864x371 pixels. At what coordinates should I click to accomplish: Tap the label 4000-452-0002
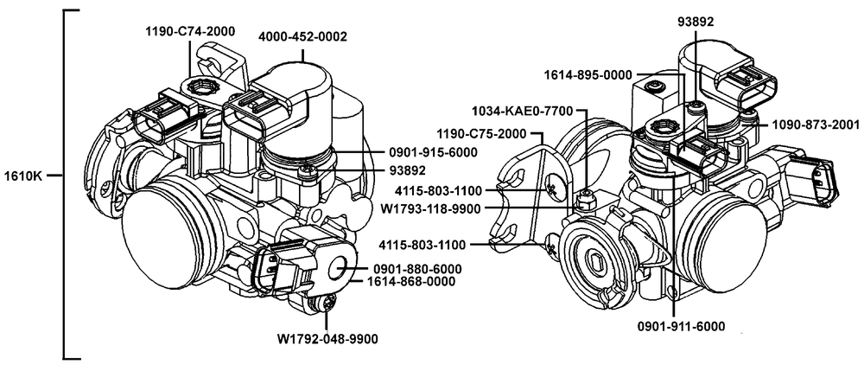coord(302,36)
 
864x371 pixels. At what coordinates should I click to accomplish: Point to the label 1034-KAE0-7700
coord(525,112)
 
